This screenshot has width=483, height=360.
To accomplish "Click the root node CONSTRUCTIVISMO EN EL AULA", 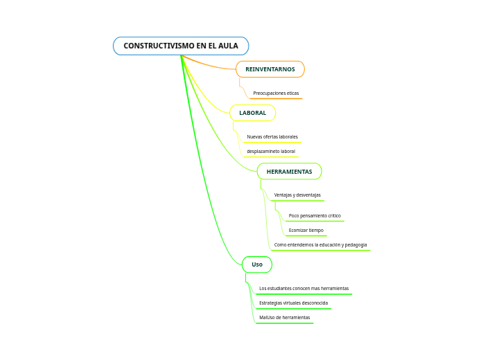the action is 181,46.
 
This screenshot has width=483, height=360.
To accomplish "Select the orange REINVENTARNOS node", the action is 270,69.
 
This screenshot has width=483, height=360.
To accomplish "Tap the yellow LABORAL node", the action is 253,113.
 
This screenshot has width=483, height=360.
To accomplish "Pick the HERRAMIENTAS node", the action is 289,172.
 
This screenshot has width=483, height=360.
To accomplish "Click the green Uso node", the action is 257,264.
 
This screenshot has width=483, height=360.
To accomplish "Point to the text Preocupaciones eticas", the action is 276,93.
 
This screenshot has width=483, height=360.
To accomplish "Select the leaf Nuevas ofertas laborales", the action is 272,136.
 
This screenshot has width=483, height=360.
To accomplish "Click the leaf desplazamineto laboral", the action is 271,152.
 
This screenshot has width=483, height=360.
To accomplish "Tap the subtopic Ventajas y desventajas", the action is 297,195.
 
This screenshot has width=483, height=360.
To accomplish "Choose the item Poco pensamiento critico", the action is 315,216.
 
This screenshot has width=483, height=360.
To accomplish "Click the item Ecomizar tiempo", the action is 306,230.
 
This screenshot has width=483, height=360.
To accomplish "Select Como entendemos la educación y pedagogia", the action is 320,245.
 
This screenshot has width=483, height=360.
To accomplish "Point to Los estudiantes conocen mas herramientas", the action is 304,288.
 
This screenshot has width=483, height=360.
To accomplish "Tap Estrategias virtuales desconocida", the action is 294,303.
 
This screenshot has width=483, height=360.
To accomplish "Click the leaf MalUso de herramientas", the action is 285,318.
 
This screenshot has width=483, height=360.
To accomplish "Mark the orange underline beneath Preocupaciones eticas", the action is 276,98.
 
